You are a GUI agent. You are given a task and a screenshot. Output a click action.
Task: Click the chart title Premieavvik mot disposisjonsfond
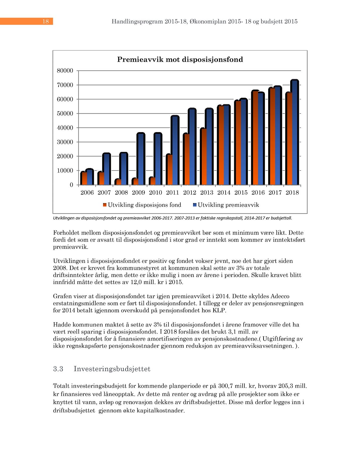[180, 60]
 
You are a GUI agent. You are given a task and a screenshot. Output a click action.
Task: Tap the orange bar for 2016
[255, 138]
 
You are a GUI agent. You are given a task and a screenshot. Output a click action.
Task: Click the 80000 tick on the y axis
[65, 71]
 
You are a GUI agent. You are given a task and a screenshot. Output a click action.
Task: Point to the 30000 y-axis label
[65, 142]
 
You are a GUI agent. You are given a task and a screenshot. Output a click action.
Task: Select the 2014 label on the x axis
[224, 193]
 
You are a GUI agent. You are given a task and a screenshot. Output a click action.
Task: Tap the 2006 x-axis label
[87, 193]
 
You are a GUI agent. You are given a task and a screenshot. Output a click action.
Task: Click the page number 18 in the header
[45, 21]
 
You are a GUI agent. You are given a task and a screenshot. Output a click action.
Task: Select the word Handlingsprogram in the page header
[137, 21]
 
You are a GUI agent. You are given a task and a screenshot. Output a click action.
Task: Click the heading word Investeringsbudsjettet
[112, 369]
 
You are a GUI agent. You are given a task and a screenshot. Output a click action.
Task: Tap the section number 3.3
[58, 369]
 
